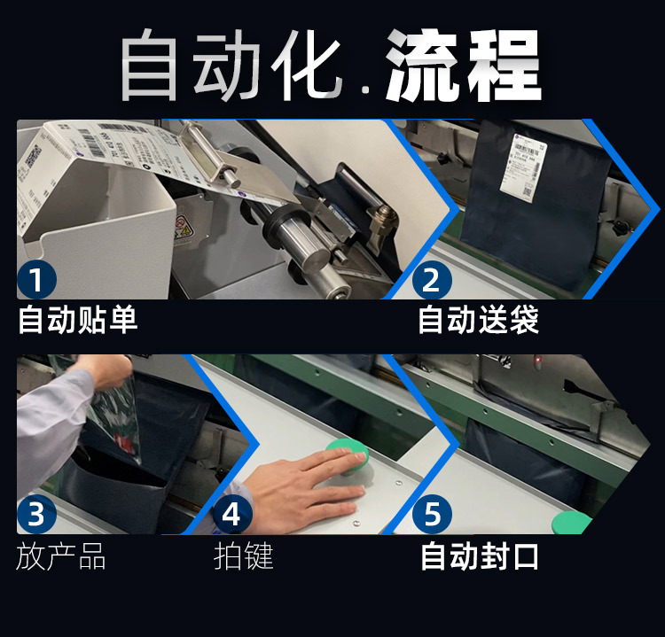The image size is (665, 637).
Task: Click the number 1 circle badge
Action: tap(36, 280)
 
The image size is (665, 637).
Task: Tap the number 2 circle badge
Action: tap(432, 280)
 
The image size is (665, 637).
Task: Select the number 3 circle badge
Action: tap(36, 515)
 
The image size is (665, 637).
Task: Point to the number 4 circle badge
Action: tap(232, 515)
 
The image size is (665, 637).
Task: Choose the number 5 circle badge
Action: tap(432, 515)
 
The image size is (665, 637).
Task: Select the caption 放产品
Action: tap(61, 556)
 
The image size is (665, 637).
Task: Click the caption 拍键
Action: tap(244, 556)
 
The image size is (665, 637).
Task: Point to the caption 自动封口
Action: tap(479, 556)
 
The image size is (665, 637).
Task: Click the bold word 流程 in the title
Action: tap(463, 68)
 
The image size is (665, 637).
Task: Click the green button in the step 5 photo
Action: tap(574, 522)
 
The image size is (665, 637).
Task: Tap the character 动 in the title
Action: tap(228, 68)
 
